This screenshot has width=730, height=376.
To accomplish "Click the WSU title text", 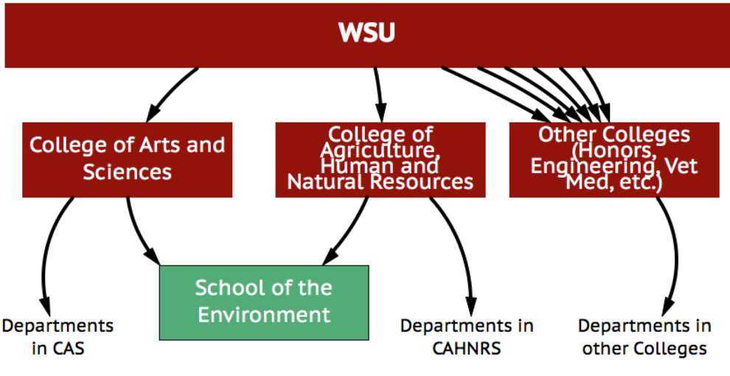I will tap(366, 32).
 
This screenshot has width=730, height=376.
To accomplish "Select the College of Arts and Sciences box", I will tap(127, 159).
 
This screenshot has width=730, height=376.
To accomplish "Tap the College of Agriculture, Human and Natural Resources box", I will tap(380, 159).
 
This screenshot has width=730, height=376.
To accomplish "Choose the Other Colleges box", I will tap(613, 159).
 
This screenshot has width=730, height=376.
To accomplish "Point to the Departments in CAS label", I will tap(58, 336).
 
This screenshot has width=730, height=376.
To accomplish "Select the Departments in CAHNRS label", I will tap(466, 336).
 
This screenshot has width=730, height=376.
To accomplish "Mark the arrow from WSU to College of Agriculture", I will tap(378, 92).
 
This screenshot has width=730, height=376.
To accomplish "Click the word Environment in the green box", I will tap(264, 315).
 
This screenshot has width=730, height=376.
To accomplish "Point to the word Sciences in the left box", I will tap(127, 173).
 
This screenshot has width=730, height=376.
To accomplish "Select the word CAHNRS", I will tap(466, 348).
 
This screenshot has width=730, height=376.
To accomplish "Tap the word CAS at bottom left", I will tap(68, 348).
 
